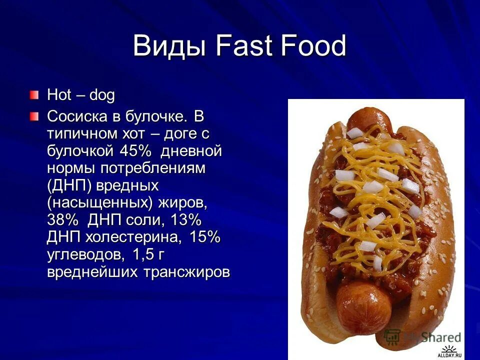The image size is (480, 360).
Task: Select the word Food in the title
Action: tap(314, 46)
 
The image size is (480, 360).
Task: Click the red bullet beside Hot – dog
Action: tap(33, 94)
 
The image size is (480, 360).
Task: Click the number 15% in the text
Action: tap(204, 237)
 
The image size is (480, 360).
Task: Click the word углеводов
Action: tap(85, 254)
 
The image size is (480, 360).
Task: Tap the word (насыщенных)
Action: tap(100, 202)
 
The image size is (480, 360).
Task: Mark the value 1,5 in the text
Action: tap(143, 254)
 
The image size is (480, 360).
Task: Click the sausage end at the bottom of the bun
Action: tap(363, 302)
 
